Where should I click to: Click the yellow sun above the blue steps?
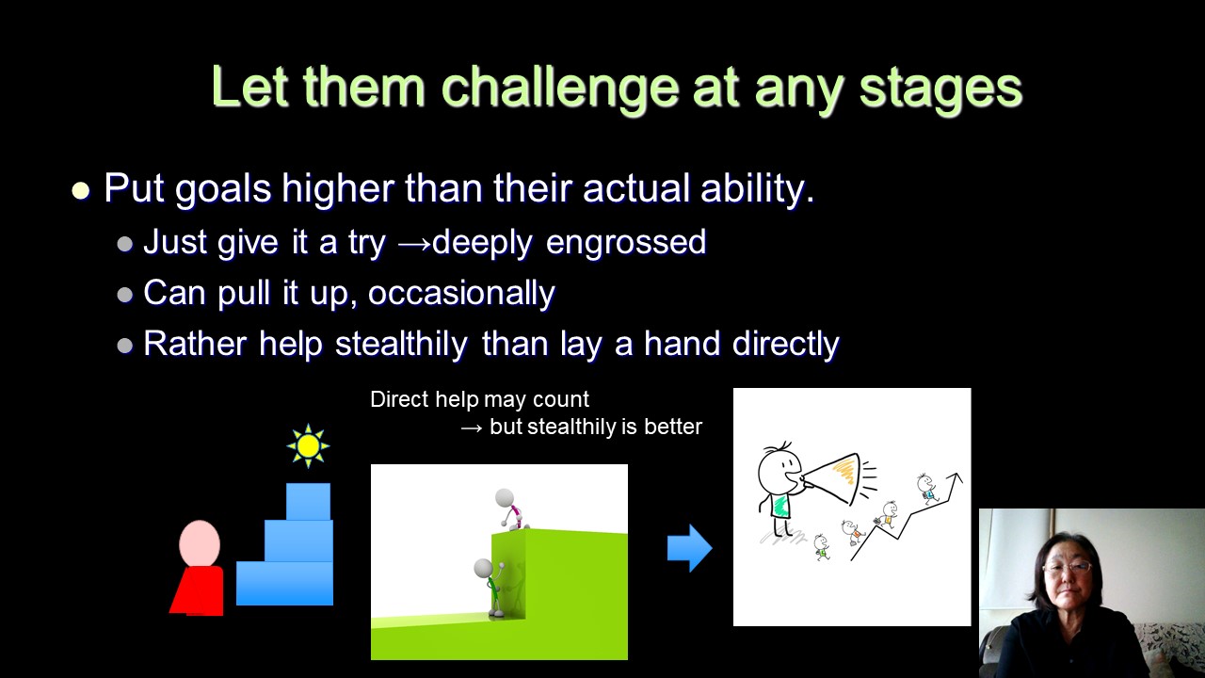[x=308, y=446]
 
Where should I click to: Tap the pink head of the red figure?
[x=200, y=543]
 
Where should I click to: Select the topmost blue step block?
[x=308, y=502]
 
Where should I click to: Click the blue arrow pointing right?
[x=690, y=548]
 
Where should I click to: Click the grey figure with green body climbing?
[x=490, y=589]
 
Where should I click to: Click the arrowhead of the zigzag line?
[x=956, y=478]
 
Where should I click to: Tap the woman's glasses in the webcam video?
[x=1068, y=567]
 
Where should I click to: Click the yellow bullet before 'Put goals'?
[x=81, y=191]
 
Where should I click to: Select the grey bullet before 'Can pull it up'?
[x=125, y=295]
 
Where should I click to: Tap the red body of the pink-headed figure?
[x=198, y=590]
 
